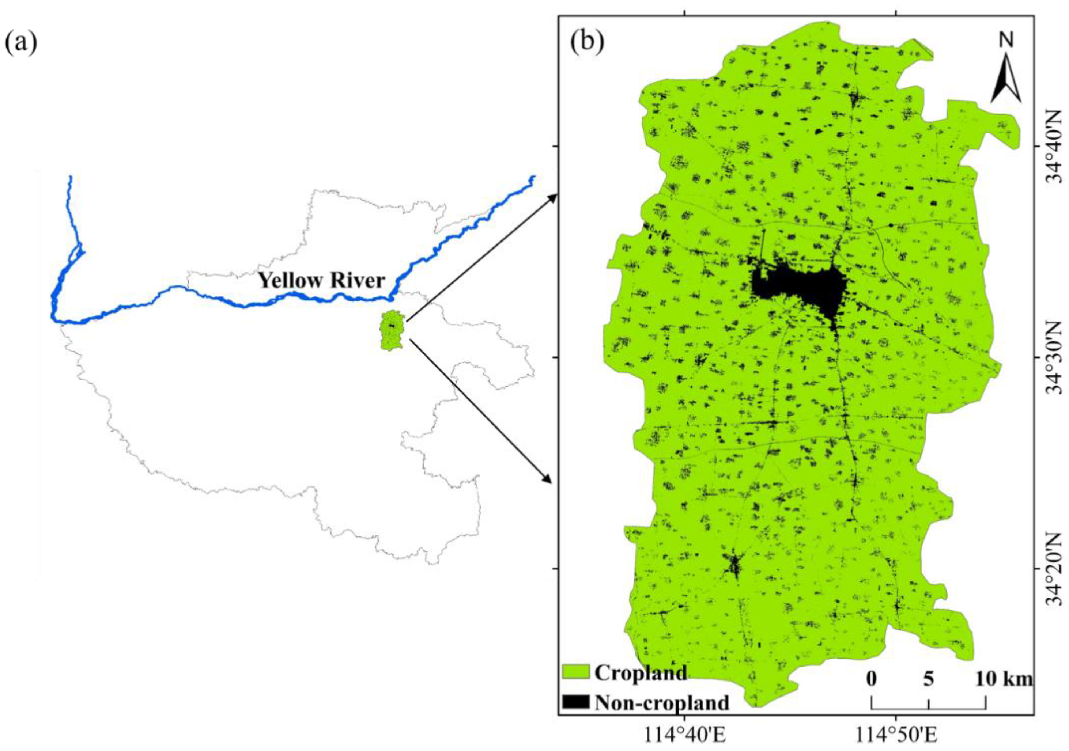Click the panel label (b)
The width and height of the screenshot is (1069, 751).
click(588, 43)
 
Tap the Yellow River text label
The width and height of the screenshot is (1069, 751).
click(322, 281)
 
